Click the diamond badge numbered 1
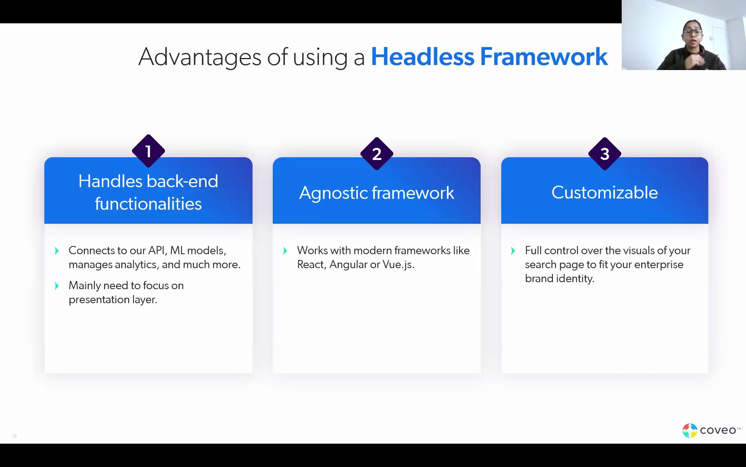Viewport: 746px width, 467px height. click(x=148, y=151)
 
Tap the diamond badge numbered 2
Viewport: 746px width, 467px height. click(x=376, y=154)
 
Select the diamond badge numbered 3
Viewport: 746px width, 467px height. click(x=605, y=154)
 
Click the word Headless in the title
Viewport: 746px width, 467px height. click(x=423, y=57)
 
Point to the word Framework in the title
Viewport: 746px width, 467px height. click(x=544, y=57)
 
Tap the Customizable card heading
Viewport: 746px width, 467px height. click(x=605, y=193)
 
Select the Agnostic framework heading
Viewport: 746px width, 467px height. click(x=376, y=193)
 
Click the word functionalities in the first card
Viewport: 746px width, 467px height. click(x=148, y=204)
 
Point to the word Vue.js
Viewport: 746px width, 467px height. click(x=398, y=265)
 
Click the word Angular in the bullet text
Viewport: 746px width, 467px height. click(x=348, y=265)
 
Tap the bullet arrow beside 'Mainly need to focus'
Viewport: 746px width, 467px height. click(x=57, y=286)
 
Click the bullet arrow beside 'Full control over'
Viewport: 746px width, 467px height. click(x=513, y=251)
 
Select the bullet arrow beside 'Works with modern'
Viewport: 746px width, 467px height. click(x=285, y=251)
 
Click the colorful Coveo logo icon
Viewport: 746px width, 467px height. click(x=690, y=430)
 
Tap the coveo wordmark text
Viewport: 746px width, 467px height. click(x=718, y=430)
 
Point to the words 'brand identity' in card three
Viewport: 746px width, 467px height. click(x=559, y=279)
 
